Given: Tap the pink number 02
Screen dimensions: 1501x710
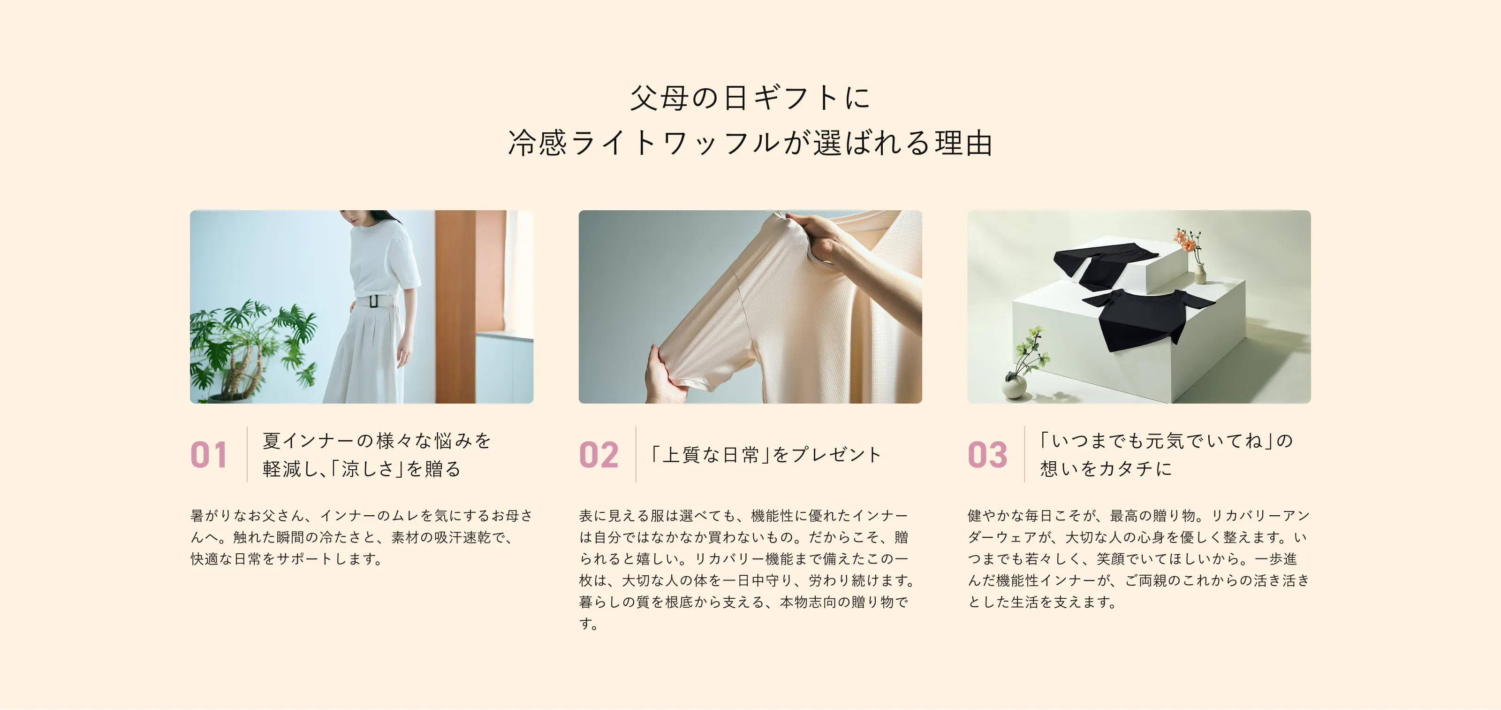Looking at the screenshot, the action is coord(599,455).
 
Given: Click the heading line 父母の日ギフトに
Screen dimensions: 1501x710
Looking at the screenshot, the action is coord(750,97).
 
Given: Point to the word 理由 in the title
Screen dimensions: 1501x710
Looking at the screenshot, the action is coord(964,143).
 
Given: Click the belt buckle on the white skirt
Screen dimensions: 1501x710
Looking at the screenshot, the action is coord(373,301).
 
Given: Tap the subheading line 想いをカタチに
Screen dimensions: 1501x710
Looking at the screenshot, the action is coord(1106,469).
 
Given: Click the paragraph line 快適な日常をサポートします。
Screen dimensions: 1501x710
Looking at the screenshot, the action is coord(287,559).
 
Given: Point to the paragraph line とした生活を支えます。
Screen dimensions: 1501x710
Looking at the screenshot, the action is coord(1042,602).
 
